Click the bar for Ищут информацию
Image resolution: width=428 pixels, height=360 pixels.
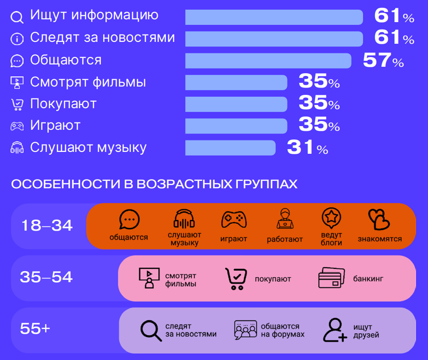point(274,17)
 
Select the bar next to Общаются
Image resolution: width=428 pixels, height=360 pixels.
point(268,61)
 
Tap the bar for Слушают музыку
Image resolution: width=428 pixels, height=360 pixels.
point(230,148)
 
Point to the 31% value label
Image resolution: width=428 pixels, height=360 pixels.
point(307,148)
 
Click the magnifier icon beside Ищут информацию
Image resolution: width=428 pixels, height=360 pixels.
point(17,17)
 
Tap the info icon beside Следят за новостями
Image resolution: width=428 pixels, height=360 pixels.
point(17,39)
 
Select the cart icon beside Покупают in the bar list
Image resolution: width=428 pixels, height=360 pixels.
point(17,105)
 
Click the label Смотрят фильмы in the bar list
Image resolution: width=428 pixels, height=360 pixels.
point(88,82)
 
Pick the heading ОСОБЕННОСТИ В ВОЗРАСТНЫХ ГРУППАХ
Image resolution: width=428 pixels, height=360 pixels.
point(154,185)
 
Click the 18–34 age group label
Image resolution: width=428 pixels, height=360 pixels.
point(47,226)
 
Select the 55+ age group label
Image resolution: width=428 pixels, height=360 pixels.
point(35,329)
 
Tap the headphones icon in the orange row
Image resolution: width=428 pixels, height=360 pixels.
point(184,220)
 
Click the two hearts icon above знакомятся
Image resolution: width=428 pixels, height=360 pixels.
point(379,220)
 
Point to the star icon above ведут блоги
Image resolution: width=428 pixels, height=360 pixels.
point(331,217)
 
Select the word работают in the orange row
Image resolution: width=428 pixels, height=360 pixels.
point(285,239)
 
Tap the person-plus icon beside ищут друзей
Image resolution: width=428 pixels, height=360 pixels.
point(335,330)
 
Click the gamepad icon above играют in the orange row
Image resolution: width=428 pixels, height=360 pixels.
point(234,220)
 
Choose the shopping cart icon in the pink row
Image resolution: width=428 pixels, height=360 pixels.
point(235,279)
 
